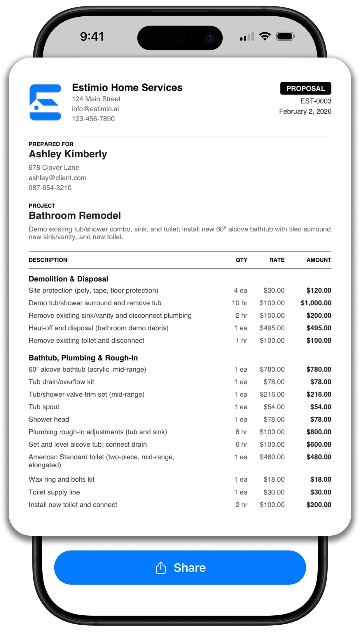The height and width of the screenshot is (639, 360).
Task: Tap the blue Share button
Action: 180,567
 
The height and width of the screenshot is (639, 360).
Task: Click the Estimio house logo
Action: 45,102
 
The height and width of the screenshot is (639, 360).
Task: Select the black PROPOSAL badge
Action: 305,88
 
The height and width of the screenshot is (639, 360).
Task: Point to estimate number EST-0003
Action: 316,101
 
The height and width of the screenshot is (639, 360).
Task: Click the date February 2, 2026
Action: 305,112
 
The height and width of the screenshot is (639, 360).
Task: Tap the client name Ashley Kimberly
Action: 68,154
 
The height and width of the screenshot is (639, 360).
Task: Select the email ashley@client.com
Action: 57,178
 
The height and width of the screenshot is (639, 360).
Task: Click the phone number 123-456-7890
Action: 93,119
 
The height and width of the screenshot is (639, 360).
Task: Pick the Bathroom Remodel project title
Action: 75,216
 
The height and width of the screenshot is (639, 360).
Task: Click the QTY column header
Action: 241,260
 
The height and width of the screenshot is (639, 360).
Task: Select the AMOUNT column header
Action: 319,260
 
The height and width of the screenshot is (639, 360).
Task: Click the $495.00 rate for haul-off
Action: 272,328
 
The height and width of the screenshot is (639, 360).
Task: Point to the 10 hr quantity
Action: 240,303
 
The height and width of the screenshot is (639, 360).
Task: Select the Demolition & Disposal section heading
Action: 68,279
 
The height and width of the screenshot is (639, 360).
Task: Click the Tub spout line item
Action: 44,407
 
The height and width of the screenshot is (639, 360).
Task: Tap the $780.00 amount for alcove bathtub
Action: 319,369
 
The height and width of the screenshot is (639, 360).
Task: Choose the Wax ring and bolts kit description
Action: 62,479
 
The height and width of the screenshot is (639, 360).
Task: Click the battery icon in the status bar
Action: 285,36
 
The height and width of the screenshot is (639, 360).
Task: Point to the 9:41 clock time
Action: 92,36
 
